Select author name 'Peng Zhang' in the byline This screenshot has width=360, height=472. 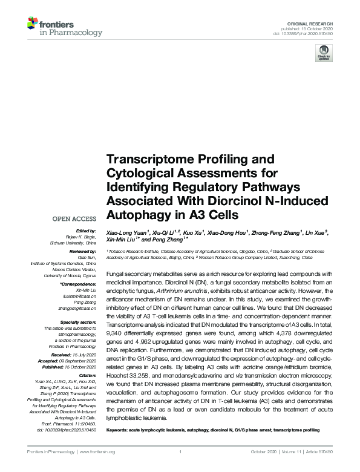point(165,240)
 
